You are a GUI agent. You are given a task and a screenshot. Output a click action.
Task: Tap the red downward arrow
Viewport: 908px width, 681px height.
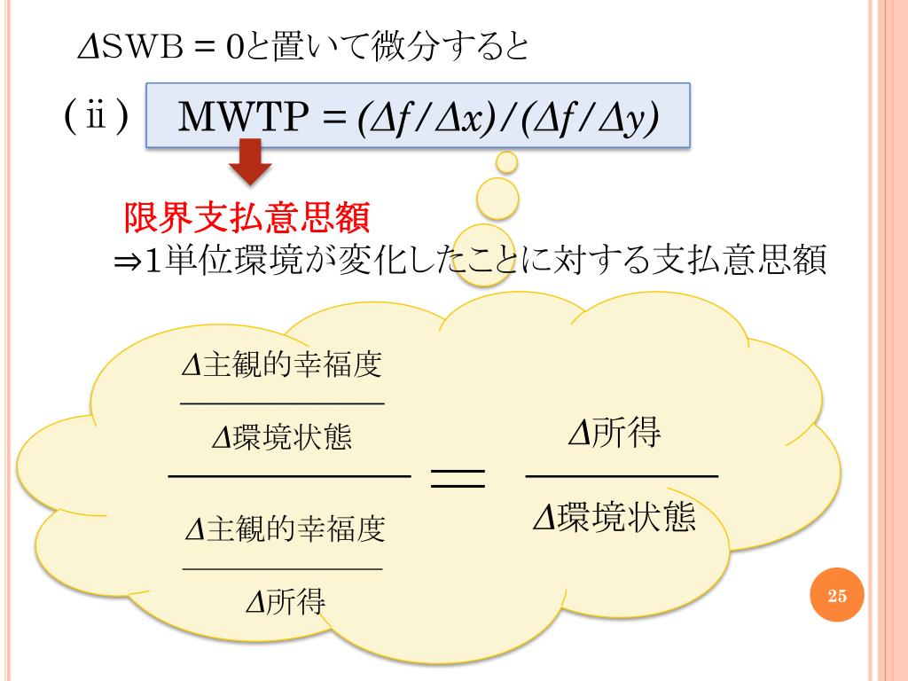tap(249, 168)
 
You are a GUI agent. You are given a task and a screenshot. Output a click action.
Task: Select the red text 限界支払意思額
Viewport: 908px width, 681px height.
tap(246, 215)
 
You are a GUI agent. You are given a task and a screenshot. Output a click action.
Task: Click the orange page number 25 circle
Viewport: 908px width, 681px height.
tap(837, 596)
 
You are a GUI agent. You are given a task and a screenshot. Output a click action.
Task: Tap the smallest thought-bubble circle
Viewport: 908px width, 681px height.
tap(506, 161)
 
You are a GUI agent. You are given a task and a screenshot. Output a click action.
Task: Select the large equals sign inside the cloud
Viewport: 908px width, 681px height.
tap(458, 480)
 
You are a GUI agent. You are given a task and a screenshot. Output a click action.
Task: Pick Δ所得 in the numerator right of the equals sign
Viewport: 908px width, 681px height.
tap(615, 434)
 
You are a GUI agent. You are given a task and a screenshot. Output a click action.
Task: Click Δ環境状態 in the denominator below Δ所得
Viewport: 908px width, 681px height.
tap(614, 516)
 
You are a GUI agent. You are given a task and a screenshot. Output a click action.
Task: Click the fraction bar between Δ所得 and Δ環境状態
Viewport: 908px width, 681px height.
tap(622, 477)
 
